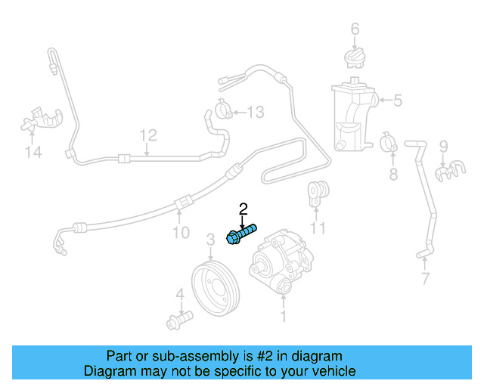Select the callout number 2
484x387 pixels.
click(243, 209)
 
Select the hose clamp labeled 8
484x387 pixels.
click(389, 141)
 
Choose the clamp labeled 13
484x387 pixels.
click(225, 111)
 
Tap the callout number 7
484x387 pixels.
click(425, 279)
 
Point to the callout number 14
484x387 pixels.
click(33, 153)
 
